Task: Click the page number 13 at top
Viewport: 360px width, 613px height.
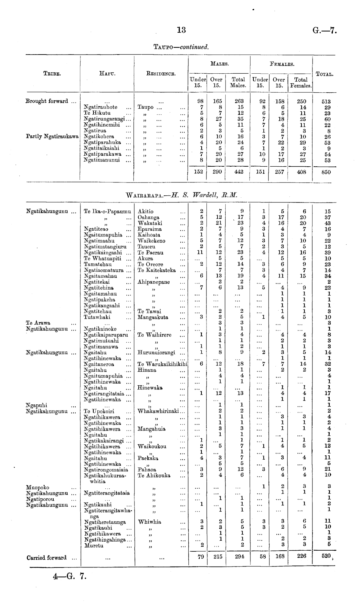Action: pyautogui.click(x=182, y=30)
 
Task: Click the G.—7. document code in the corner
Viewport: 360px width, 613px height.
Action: pyautogui.click(x=325, y=31)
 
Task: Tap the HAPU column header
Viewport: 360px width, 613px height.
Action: pyautogui.click(x=107, y=74)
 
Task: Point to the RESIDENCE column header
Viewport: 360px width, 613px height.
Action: pyautogui.click(x=161, y=74)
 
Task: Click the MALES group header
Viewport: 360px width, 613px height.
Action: pyautogui.click(x=219, y=64)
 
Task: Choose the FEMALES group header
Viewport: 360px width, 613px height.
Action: pyautogui.click(x=282, y=64)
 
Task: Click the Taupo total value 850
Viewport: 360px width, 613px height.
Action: pyautogui.click(x=326, y=172)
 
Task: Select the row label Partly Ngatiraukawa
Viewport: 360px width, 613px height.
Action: pyautogui.click(x=52, y=137)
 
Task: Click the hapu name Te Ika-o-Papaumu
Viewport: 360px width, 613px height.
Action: pyautogui.click(x=107, y=212)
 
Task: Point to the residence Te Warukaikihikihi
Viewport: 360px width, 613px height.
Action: pyautogui.click(x=163, y=364)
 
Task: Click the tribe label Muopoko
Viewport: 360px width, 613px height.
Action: pyautogui.click(x=37, y=487)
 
